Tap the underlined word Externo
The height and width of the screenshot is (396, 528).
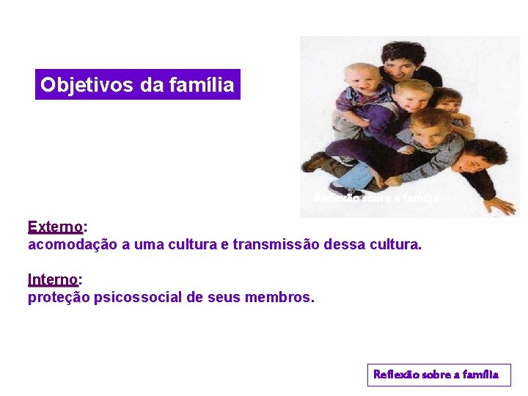55,227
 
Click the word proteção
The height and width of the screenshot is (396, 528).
59,297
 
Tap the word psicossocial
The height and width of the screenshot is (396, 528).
138,297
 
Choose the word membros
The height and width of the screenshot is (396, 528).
280,297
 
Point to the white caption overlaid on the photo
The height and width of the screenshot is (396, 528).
376,198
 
